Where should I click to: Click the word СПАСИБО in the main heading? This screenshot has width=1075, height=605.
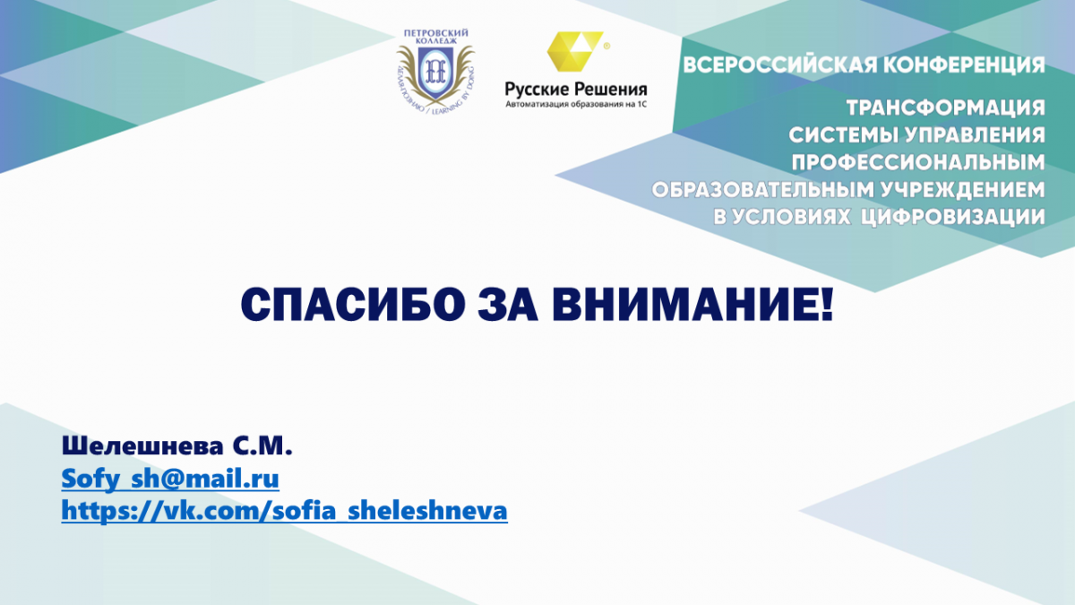click(x=353, y=306)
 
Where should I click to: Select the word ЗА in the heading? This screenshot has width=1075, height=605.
click(x=508, y=306)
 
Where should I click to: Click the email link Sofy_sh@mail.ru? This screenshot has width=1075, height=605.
click(x=170, y=479)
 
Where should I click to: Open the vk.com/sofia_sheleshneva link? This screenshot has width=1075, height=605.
click(x=285, y=510)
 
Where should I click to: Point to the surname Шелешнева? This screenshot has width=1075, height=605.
click(x=142, y=446)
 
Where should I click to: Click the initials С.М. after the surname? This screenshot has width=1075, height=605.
click(x=262, y=446)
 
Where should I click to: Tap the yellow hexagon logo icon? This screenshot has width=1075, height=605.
click(x=575, y=51)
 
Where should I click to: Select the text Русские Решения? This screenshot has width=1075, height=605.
click(x=576, y=90)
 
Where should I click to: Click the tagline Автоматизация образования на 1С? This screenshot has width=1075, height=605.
click(x=576, y=104)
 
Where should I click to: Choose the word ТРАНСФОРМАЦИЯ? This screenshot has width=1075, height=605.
click(x=945, y=108)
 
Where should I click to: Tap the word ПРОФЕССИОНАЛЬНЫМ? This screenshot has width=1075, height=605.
click(x=918, y=163)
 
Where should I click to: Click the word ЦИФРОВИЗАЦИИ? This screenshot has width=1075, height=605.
click(x=952, y=218)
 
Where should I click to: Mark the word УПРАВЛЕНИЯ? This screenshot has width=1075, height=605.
click(x=975, y=135)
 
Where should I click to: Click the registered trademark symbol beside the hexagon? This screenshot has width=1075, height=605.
click(x=606, y=46)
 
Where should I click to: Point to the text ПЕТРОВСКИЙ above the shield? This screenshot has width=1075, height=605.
click(x=435, y=33)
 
